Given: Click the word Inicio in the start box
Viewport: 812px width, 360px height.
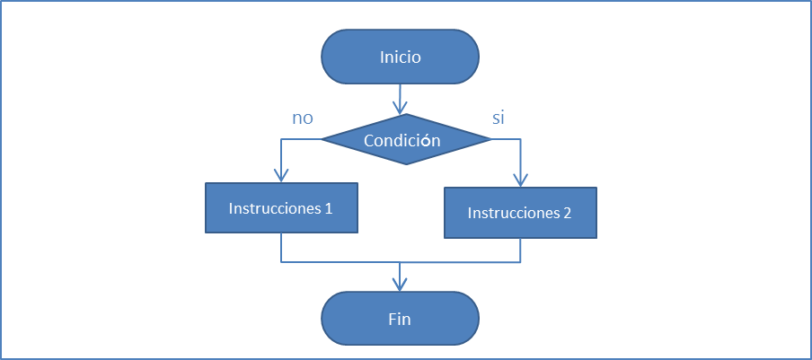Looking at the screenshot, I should (400, 57).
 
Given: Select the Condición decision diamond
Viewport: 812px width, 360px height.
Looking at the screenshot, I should (406, 140).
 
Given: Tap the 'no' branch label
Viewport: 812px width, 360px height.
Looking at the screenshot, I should (302, 119).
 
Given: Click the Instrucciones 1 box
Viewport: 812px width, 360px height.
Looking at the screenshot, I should (281, 208).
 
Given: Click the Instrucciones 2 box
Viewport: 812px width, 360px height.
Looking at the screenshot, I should (520, 214).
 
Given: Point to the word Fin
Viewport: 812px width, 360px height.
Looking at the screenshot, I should (400, 319).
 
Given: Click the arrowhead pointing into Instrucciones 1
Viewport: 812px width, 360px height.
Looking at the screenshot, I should (281, 177).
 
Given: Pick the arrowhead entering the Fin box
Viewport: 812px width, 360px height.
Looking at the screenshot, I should (400, 285).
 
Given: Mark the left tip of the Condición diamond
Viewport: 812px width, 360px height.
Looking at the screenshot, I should (322, 139).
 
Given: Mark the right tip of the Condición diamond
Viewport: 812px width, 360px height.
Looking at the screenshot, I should (491, 139).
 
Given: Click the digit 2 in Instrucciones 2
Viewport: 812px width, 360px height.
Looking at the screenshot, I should (567, 214).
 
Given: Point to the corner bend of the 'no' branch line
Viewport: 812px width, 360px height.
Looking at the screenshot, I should (281, 139).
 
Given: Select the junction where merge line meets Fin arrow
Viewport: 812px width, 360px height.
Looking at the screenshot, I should (400, 262).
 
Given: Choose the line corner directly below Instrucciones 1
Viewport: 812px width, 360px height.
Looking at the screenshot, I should (281, 262).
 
